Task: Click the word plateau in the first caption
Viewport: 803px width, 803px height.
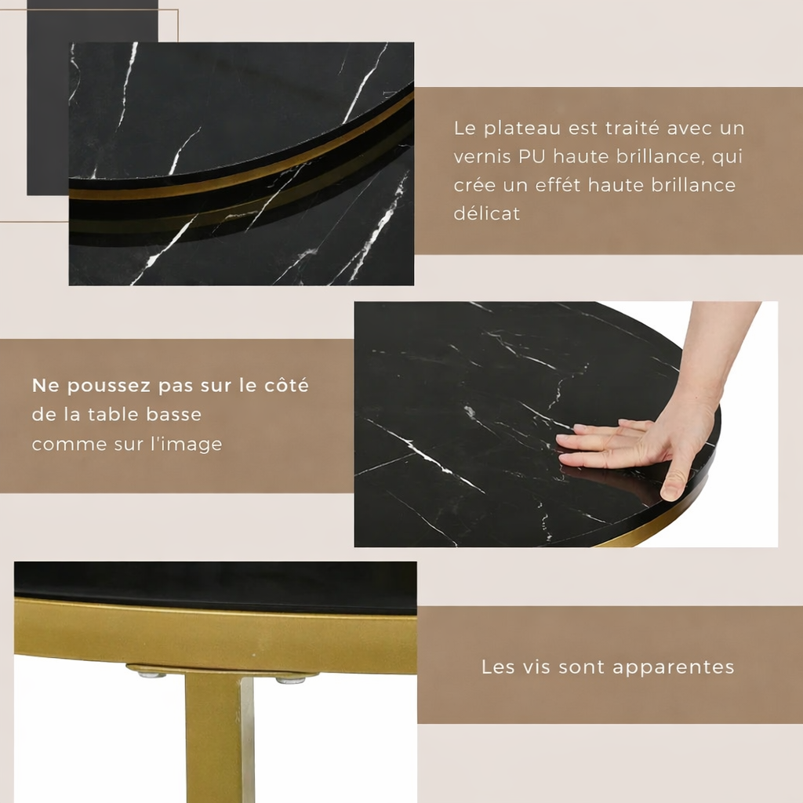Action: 518,128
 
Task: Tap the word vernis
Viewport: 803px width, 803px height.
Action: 481,157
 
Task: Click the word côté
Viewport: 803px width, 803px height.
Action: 285,386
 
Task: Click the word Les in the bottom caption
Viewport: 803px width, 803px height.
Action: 497,667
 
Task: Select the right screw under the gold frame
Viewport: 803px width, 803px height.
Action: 291,679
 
